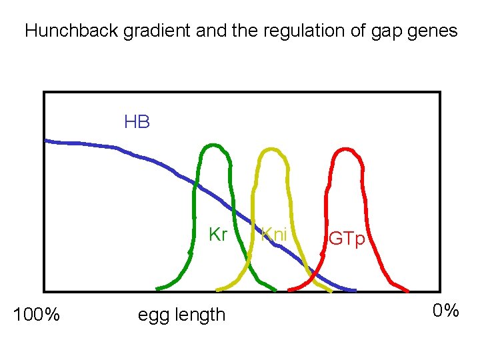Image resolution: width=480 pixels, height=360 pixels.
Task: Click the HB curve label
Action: [x=137, y=122]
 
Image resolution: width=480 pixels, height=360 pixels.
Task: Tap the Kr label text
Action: [x=218, y=235]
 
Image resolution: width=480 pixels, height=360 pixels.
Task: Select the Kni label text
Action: [x=274, y=235]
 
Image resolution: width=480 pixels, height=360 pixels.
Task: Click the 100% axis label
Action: [x=37, y=314]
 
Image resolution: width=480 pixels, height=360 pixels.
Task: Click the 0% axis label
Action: [x=445, y=311]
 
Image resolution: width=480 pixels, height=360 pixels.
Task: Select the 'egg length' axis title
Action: [x=181, y=315]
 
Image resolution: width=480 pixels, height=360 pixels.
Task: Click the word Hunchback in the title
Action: [x=72, y=31]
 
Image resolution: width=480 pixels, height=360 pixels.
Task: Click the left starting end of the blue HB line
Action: [x=45, y=140]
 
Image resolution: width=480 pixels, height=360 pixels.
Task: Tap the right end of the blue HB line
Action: [x=355, y=291]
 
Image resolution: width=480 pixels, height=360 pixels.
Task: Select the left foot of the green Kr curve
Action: [x=157, y=289]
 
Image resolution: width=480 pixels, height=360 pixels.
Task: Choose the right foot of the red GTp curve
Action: [x=407, y=291]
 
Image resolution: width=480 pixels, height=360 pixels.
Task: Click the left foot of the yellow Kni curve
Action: [x=217, y=289]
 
